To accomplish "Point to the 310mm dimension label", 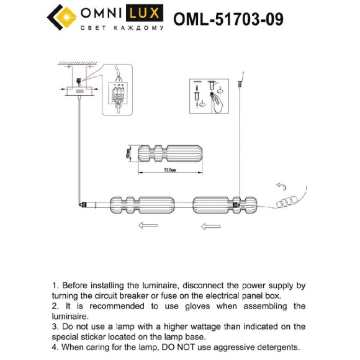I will [x=169, y=169].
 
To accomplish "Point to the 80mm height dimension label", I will [x=128, y=154].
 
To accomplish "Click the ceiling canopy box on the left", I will [x=80, y=91].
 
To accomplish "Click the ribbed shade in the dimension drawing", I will [x=169, y=153].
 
